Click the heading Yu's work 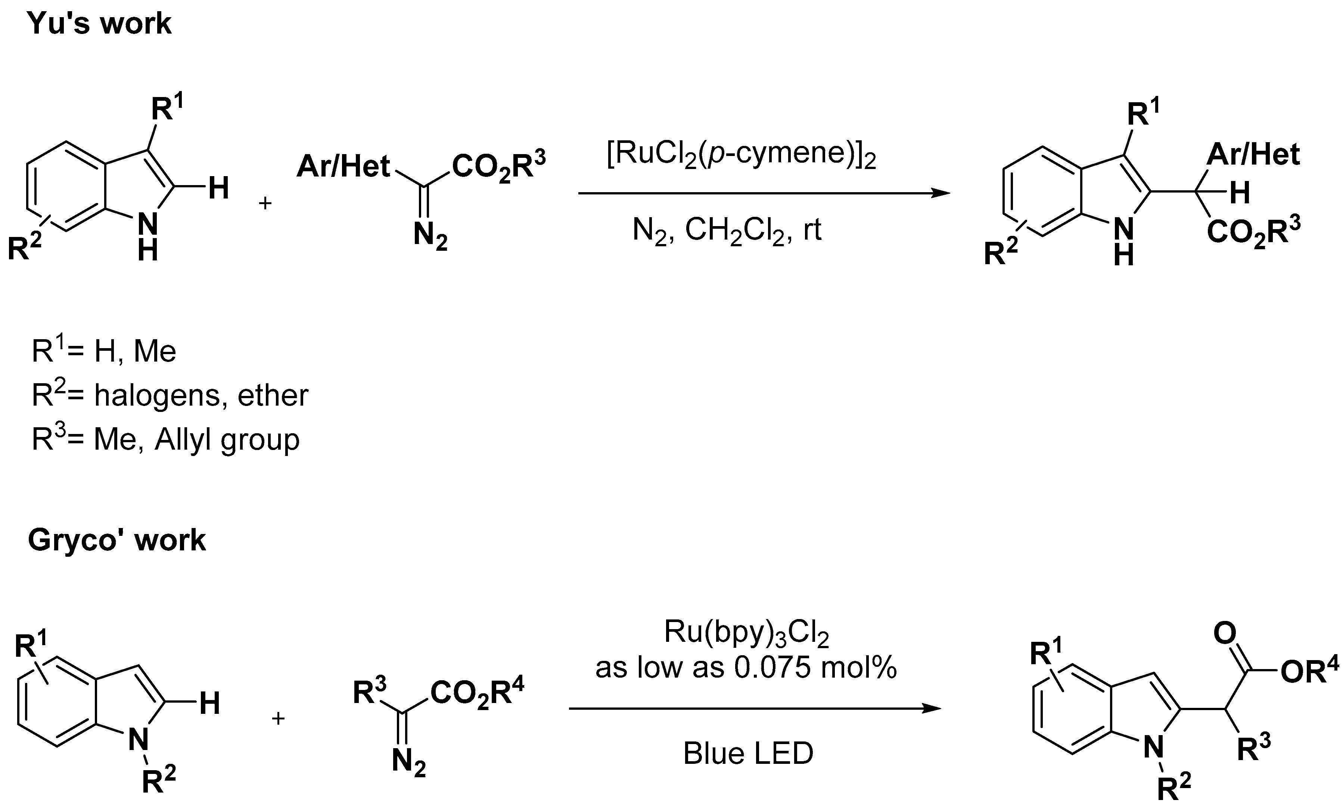click(99, 24)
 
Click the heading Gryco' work click(117, 540)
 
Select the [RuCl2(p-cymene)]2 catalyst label click(741, 156)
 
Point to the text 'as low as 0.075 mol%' click(746, 668)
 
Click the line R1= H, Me click(104, 352)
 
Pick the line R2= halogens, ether click(170, 396)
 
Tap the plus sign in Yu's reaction click(265, 204)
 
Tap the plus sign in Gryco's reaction click(278, 719)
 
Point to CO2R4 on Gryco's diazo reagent click(478, 693)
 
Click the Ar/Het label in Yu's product click(1253, 155)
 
